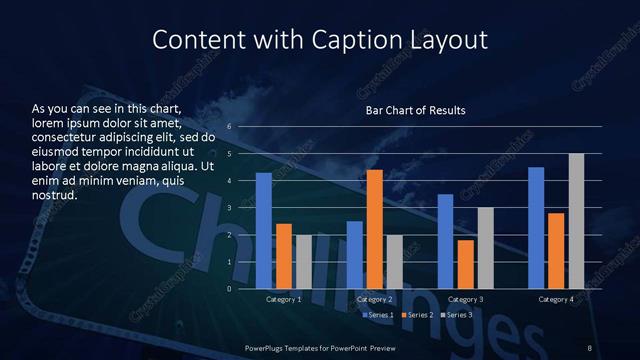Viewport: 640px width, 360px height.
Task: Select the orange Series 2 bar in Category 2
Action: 374,229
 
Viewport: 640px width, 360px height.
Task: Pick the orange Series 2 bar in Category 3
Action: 465,264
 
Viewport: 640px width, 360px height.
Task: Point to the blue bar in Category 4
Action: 536,228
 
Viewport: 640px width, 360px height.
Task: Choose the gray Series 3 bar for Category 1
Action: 304,262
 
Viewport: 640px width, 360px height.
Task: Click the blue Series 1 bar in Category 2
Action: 354,255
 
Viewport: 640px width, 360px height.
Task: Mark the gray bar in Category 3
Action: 485,248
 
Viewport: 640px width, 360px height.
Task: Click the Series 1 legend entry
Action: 378,315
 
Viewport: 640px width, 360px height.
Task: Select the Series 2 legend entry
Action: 418,315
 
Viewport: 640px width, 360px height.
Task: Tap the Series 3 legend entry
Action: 457,315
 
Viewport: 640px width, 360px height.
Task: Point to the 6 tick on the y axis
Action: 230,127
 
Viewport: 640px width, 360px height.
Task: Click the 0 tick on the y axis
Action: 230,289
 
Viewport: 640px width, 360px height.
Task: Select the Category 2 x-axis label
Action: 375,300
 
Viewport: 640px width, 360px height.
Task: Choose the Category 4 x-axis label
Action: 556,300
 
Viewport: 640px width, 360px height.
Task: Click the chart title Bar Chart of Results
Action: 416,109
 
